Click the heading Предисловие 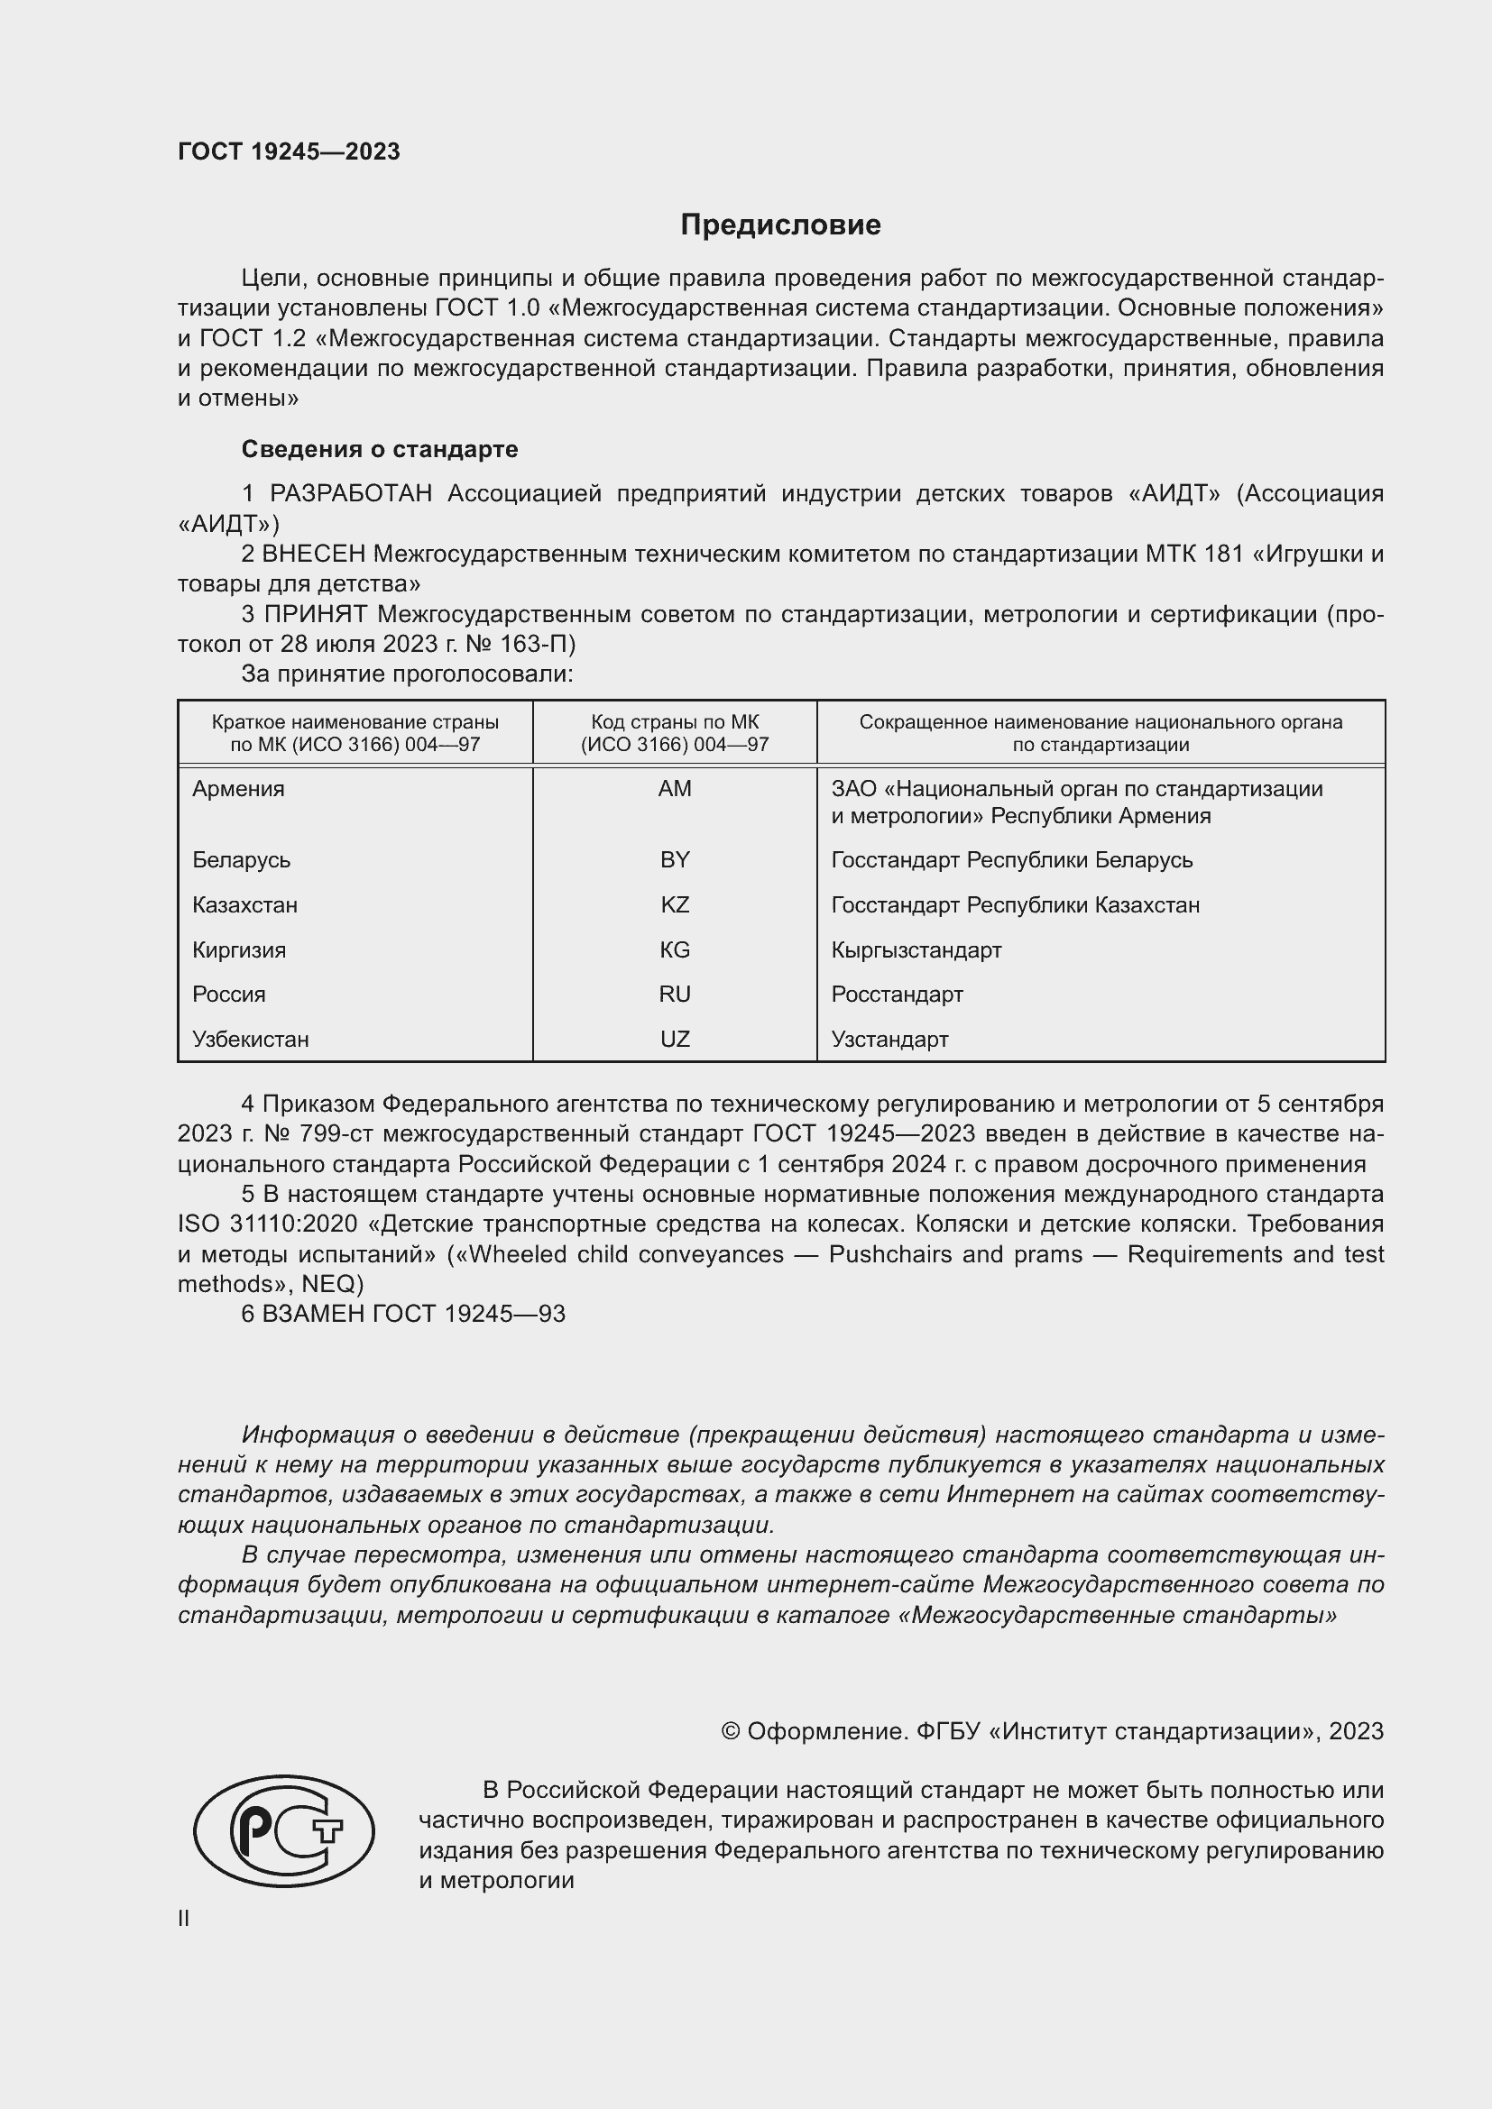click(780, 225)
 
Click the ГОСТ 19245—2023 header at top click(289, 151)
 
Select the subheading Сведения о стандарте click(380, 449)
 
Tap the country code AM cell click(675, 788)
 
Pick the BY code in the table click(675, 860)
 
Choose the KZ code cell click(675, 904)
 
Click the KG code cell click(675, 949)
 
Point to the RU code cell click(675, 994)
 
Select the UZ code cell click(675, 1039)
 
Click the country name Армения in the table click(239, 788)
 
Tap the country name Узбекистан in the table click(250, 1039)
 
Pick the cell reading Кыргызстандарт click(916, 949)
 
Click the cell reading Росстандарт click(897, 994)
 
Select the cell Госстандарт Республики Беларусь click(1011, 860)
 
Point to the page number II click(184, 1918)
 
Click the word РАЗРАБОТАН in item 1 click(351, 494)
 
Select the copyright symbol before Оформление click(731, 1731)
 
